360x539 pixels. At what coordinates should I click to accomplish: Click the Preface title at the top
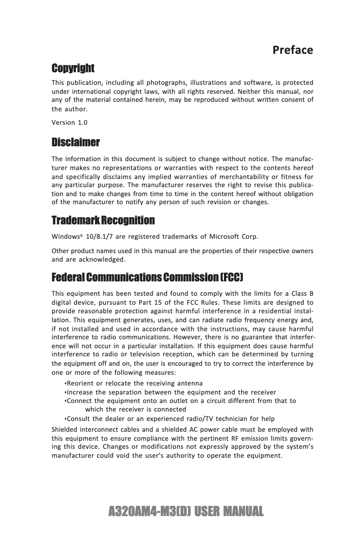click(x=293, y=50)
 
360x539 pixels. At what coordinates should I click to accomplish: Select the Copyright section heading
click(x=73, y=68)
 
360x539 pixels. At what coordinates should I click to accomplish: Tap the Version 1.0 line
click(x=70, y=123)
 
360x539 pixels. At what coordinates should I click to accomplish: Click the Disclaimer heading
click(x=75, y=143)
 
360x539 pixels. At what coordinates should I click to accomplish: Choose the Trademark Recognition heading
click(x=103, y=220)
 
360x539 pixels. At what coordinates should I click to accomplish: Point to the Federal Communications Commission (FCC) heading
click(x=147, y=277)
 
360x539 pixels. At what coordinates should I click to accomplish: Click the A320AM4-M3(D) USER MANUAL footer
click(x=186, y=511)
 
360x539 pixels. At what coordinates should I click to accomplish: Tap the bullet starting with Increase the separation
click(x=171, y=392)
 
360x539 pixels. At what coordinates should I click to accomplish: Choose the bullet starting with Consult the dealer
click(x=170, y=419)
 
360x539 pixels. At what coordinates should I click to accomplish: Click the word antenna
click(x=190, y=383)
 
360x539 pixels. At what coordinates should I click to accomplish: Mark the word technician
click(x=232, y=419)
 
